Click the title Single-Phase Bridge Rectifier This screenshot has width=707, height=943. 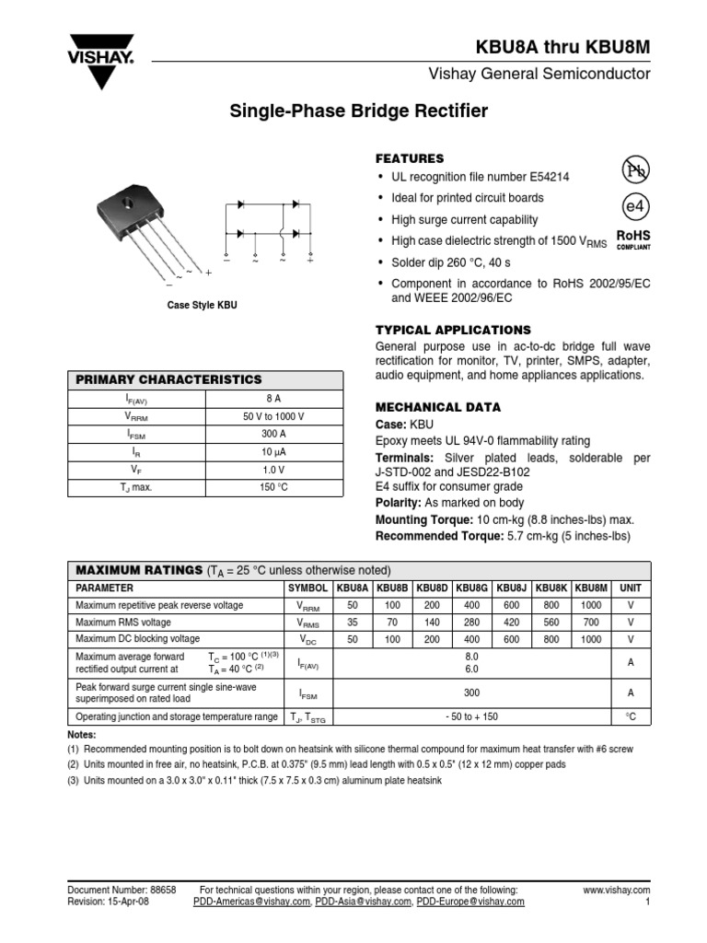pyautogui.click(x=358, y=112)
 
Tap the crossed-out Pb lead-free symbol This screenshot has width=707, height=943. pyautogui.click(x=634, y=169)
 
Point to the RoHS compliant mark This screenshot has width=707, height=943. pyautogui.click(x=633, y=239)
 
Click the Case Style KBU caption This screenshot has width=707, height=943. pyautogui.click(x=202, y=305)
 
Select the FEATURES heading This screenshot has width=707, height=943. pyautogui.click(x=410, y=158)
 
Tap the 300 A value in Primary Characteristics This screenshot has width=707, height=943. pyautogui.click(x=273, y=435)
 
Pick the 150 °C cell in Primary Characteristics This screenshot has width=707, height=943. pyautogui.click(x=273, y=487)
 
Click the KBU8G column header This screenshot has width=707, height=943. pyautogui.click(x=471, y=588)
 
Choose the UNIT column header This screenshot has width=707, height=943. pyautogui.click(x=631, y=588)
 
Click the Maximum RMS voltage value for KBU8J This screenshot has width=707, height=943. pyautogui.click(x=511, y=623)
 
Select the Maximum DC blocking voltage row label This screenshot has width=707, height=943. pyautogui.click(x=137, y=639)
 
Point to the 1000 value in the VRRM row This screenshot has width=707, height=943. pyautogui.click(x=591, y=605)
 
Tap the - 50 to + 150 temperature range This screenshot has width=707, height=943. pyautogui.click(x=471, y=716)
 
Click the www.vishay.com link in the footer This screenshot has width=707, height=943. pyautogui.click(x=617, y=891)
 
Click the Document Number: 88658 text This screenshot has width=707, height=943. pyautogui.click(x=122, y=891)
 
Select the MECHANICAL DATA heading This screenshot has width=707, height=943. pyautogui.click(x=438, y=407)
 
